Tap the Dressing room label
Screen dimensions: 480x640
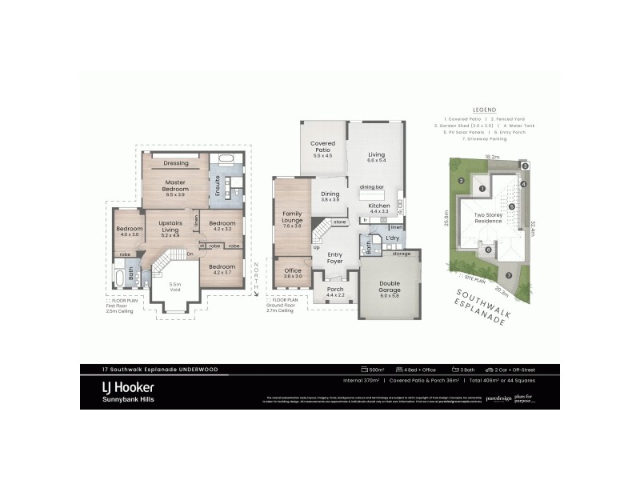(x=175, y=163)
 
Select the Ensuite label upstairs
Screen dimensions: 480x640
(x=218, y=186)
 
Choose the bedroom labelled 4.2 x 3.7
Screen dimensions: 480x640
(x=222, y=269)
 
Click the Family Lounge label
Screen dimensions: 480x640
(x=292, y=217)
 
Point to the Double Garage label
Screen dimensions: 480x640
(x=389, y=286)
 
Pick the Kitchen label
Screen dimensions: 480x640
(x=378, y=206)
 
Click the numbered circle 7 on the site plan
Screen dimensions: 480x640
(x=508, y=274)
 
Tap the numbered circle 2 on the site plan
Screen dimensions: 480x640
(x=462, y=180)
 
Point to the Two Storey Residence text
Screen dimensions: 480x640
(x=488, y=218)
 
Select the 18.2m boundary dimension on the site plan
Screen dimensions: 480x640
(x=491, y=157)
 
